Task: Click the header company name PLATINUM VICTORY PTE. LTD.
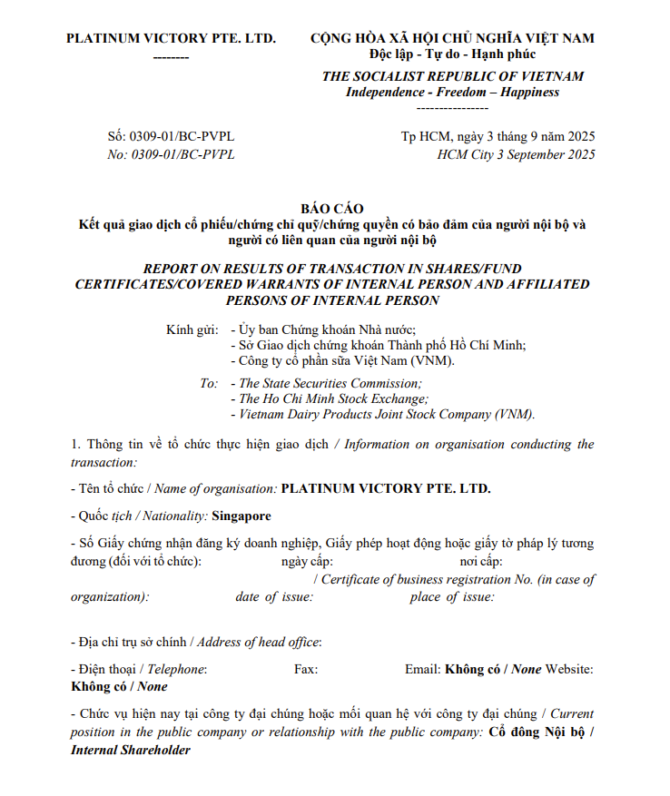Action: coord(171,38)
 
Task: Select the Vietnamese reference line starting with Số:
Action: coord(171,136)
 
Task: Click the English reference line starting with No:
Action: coord(171,154)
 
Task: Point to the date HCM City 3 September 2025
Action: coord(516,154)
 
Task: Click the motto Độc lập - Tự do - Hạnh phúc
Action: coord(452,55)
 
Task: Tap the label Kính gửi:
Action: coord(192,329)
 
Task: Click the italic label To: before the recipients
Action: coord(209,383)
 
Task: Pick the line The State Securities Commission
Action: coord(330,383)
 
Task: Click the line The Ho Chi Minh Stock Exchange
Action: coord(333,398)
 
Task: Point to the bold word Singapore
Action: coord(241,516)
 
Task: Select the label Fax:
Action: coord(307,669)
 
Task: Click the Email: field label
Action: coord(422,669)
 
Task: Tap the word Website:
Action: coord(569,669)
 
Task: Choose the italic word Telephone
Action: coord(177,669)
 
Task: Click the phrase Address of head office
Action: coord(259,642)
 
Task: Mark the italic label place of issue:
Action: coord(451,596)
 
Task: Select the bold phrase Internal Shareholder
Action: coord(131,750)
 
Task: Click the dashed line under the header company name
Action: coord(171,56)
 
